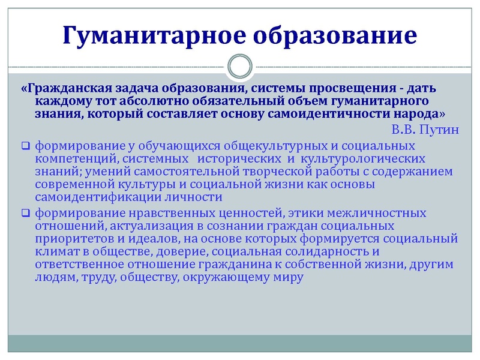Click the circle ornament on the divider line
[x=240, y=65]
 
